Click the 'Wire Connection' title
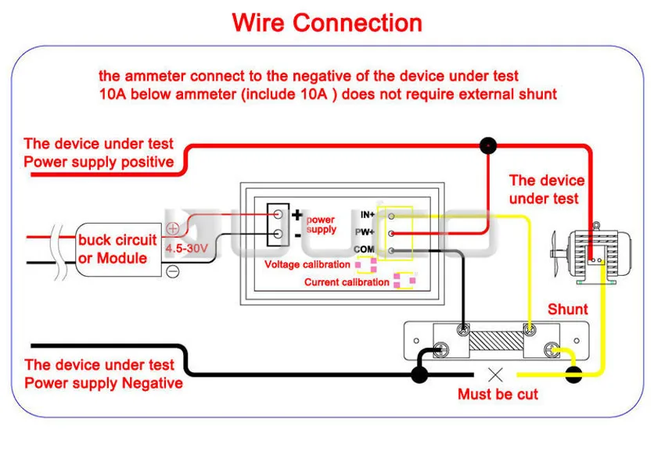coord(327,23)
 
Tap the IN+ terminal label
coord(368,215)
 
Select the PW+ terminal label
coord(365,232)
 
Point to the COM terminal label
coord(364,249)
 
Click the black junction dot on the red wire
coord(488,145)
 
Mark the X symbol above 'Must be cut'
coord(495,375)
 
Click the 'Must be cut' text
coord(498,394)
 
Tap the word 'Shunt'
coord(568,309)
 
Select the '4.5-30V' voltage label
coord(186,249)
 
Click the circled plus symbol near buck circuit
coord(173,228)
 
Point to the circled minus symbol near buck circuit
coord(173,271)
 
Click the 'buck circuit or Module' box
coord(118,249)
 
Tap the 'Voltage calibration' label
coord(307,264)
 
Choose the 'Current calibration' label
coord(347,282)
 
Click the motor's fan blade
coord(555,253)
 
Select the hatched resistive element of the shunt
coord(496,341)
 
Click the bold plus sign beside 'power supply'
coord(297,215)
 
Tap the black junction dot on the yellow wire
coord(573,375)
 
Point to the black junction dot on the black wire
coord(419,374)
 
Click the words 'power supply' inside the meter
coord(322,224)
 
